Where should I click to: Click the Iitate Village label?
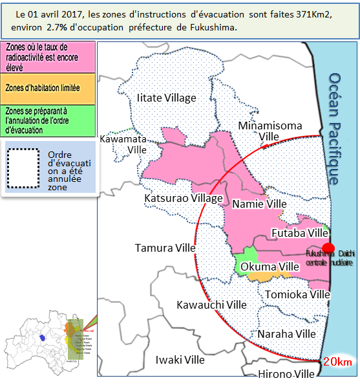(x=166, y=98)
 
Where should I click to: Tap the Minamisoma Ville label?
(x=270, y=131)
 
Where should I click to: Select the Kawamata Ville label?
(x=128, y=144)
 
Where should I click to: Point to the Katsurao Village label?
(x=184, y=198)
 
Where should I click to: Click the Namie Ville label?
(x=259, y=204)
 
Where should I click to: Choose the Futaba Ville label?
(x=300, y=232)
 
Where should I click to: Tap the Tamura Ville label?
(x=165, y=248)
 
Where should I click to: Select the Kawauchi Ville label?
(x=212, y=305)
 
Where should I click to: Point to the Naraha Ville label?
(x=287, y=334)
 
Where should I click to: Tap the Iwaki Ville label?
(x=180, y=360)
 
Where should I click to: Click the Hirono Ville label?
(x=286, y=375)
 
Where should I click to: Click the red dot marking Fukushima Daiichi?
(x=328, y=248)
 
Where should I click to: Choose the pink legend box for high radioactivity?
(x=48, y=56)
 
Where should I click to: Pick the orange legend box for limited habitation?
(x=48, y=87)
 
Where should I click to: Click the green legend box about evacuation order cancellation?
(x=48, y=120)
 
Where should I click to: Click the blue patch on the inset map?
(x=42, y=337)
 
